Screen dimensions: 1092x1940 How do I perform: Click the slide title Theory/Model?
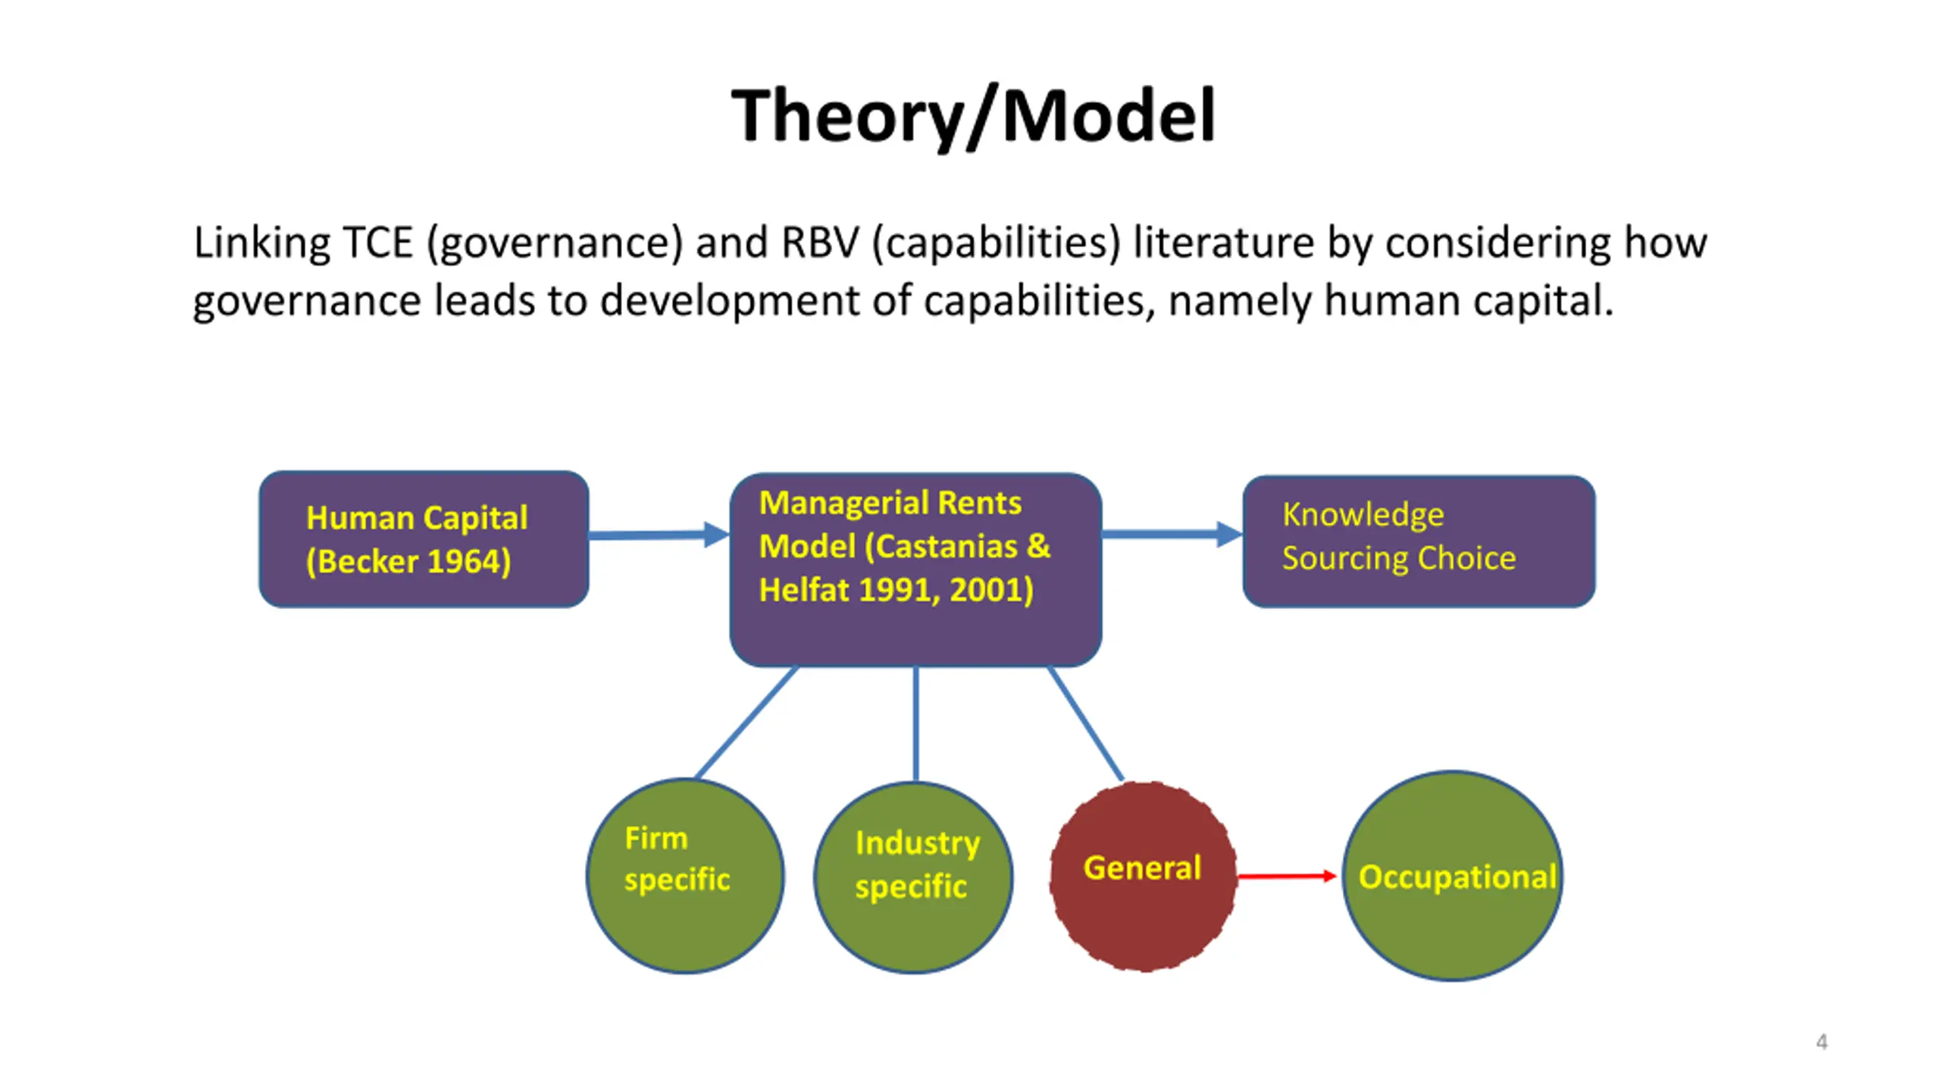[x=973, y=115]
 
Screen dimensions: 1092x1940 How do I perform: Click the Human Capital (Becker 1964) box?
[x=424, y=539]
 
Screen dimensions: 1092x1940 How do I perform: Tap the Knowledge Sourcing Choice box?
[x=1419, y=541]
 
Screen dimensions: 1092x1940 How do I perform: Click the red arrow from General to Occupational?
[x=1286, y=877]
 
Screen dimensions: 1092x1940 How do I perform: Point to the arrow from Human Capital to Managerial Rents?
[x=656, y=535]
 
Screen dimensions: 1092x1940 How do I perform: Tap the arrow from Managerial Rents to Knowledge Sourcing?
[x=1170, y=534]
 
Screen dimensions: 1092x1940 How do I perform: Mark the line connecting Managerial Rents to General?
[x=1085, y=723]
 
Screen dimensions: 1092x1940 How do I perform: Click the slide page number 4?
[x=1822, y=1042]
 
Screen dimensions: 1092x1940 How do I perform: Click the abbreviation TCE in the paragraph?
[x=378, y=243]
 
